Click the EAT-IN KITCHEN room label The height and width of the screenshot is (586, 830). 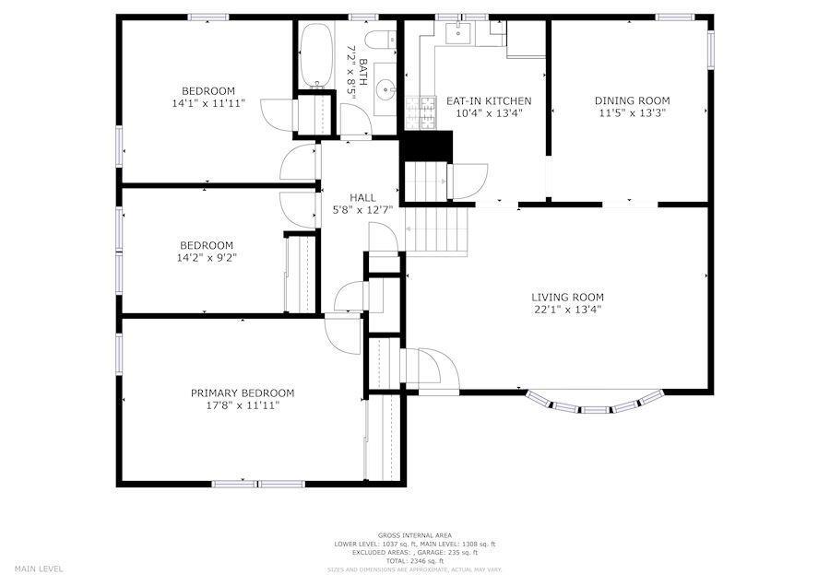[489, 100]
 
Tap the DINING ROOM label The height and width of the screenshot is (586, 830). [632, 100]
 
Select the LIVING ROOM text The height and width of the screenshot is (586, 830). [567, 297]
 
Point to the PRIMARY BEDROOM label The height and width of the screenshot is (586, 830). [243, 393]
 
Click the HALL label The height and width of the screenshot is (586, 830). [362, 197]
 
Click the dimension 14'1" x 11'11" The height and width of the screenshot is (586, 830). [207, 103]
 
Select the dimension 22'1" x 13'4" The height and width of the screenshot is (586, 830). [567, 310]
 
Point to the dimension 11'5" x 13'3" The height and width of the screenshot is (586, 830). [632, 112]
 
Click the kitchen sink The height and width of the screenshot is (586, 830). [458, 35]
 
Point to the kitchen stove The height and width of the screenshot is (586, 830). [427, 111]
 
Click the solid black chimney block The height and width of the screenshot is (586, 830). [428, 146]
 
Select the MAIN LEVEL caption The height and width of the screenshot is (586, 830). [39, 568]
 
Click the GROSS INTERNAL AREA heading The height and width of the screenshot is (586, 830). [414, 535]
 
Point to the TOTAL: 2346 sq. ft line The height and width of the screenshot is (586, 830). [414, 560]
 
